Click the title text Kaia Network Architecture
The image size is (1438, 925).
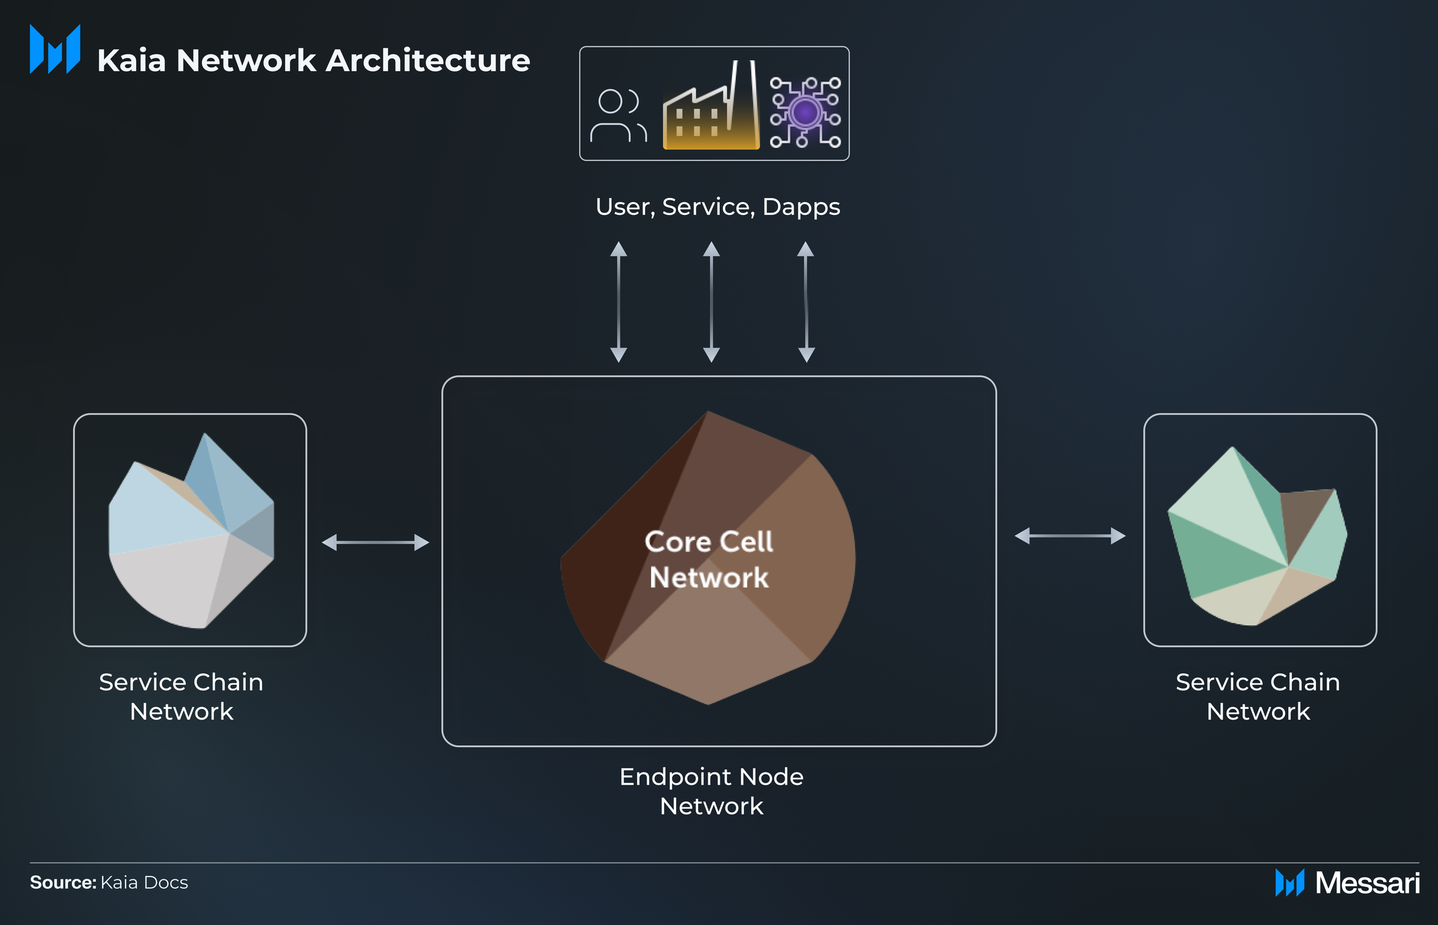click(314, 60)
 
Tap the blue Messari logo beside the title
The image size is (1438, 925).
click(55, 49)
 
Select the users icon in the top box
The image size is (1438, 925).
click(618, 115)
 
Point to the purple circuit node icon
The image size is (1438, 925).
click(805, 112)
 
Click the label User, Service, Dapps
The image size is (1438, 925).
click(717, 207)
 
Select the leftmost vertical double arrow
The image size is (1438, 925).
click(618, 301)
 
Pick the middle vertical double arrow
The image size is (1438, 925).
click(711, 301)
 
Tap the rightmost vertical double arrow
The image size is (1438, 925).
click(806, 301)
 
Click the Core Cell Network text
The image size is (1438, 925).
click(709, 559)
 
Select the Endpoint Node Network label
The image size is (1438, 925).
click(711, 791)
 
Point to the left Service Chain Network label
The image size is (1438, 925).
click(181, 696)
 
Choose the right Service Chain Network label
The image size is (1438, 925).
click(1257, 696)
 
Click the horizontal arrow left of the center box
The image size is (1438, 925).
click(375, 542)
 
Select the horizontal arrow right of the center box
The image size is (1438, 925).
click(1070, 536)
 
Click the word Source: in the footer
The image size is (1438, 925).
click(63, 882)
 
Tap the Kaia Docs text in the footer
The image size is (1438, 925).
click(144, 882)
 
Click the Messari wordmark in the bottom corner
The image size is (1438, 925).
click(1367, 883)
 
